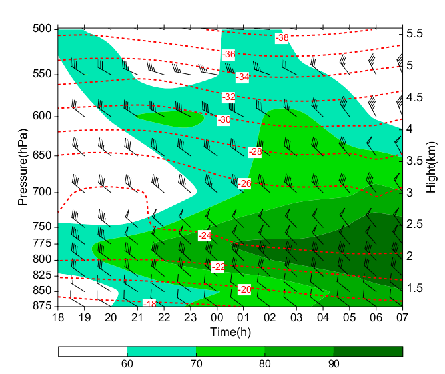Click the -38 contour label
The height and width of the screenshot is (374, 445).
click(282, 38)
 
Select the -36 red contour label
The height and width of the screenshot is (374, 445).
click(229, 54)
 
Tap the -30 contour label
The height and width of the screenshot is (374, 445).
click(224, 119)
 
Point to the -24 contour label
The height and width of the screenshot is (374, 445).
click(205, 235)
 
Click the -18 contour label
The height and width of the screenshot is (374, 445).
click(150, 304)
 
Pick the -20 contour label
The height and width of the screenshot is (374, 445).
click(245, 289)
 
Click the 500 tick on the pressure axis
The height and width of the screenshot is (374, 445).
click(41, 29)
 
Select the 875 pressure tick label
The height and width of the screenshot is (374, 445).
click(41, 306)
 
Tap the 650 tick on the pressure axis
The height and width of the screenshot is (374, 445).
click(41, 155)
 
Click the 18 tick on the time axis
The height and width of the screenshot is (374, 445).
click(58, 317)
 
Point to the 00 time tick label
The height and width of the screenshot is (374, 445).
click(217, 317)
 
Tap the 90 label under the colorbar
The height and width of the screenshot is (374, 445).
click(334, 364)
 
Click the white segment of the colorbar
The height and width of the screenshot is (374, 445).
click(93, 351)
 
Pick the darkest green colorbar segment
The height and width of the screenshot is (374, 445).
click(368, 351)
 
